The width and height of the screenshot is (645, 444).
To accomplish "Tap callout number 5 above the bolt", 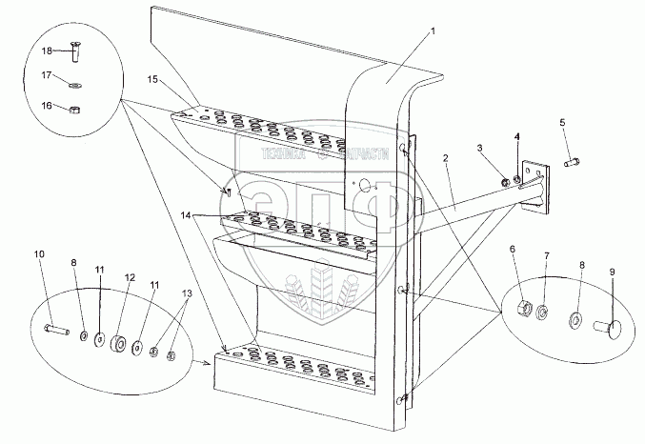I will [561, 122].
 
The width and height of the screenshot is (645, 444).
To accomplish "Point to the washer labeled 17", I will [75, 85].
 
